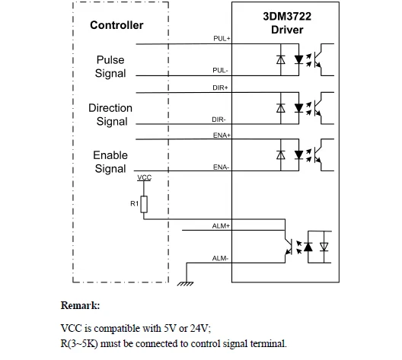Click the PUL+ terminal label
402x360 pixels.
click(x=222, y=39)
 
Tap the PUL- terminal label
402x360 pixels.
click(x=220, y=70)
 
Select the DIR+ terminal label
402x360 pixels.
click(x=220, y=88)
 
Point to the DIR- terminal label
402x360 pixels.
click(x=219, y=119)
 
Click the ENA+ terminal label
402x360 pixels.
click(x=222, y=135)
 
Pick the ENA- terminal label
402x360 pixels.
click(x=221, y=167)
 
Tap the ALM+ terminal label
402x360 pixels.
click(x=221, y=226)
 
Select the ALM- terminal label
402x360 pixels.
click(x=220, y=258)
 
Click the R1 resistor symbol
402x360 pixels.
click(x=144, y=204)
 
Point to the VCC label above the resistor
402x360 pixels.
click(x=145, y=177)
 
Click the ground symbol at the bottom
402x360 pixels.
click(x=185, y=284)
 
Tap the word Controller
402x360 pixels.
click(x=116, y=25)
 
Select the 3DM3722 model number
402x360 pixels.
click(x=287, y=17)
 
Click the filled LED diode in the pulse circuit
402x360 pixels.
click(x=298, y=59)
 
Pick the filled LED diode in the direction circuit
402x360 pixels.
click(x=298, y=108)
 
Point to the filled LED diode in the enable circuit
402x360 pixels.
click(x=298, y=155)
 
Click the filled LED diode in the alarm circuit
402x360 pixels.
click(x=308, y=247)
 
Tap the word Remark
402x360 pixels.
click(x=80, y=305)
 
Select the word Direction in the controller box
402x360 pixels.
click(x=110, y=108)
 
